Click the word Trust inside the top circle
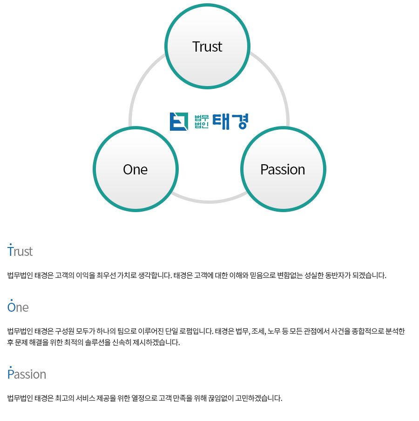click(207, 47)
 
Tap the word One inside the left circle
click(135, 170)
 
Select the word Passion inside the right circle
click(283, 170)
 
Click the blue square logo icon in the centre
click(179, 121)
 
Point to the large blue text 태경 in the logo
click(230, 121)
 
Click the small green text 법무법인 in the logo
click(202, 121)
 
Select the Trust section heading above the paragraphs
click(20, 252)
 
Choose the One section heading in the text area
click(18, 307)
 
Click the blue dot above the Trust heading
click(11, 244)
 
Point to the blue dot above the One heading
click(12, 300)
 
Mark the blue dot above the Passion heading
click(11, 367)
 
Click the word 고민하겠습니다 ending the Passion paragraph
click(259, 398)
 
